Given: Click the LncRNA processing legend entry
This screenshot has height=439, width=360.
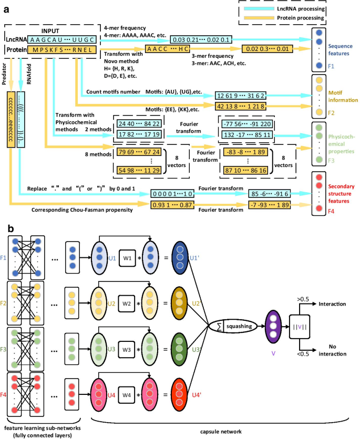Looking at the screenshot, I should coord(300,10).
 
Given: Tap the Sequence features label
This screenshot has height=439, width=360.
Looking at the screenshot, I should coord(341,49).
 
